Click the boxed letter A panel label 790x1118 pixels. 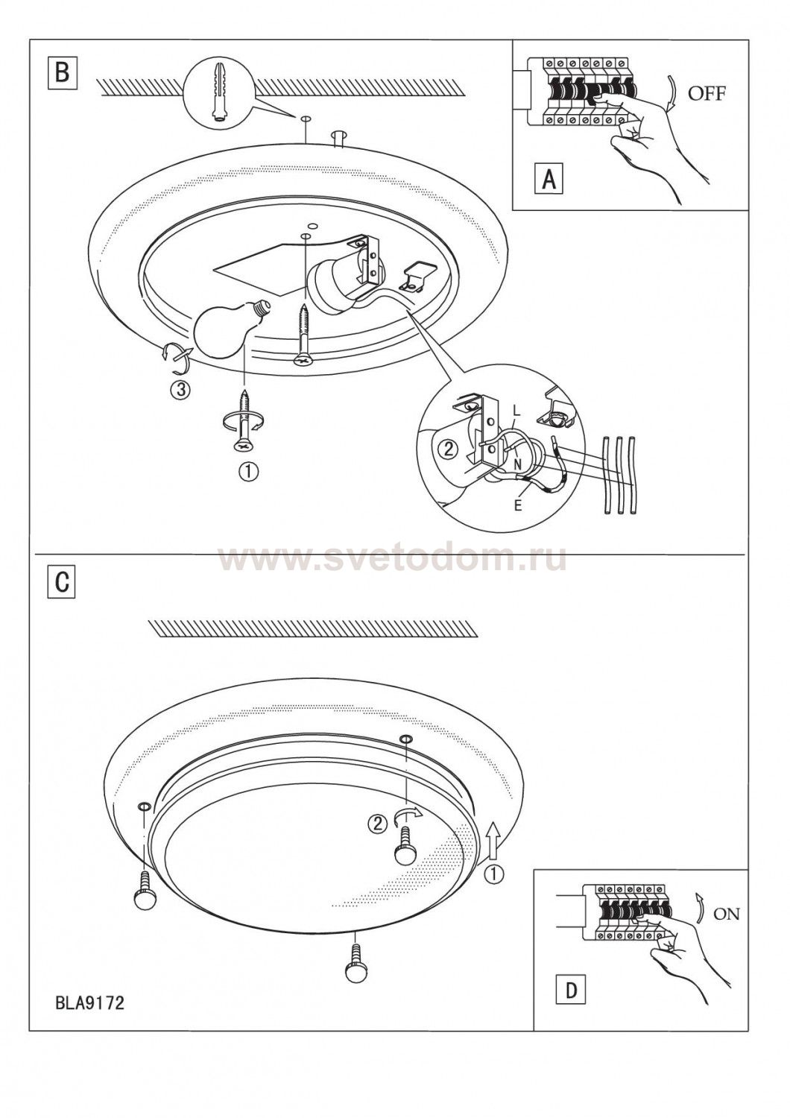(x=549, y=177)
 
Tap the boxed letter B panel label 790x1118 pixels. (x=63, y=73)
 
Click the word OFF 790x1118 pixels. (x=707, y=93)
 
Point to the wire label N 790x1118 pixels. (x=518, y=464)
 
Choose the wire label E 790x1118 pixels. (x=517, y=505)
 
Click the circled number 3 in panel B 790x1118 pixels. (x=180, y=389)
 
